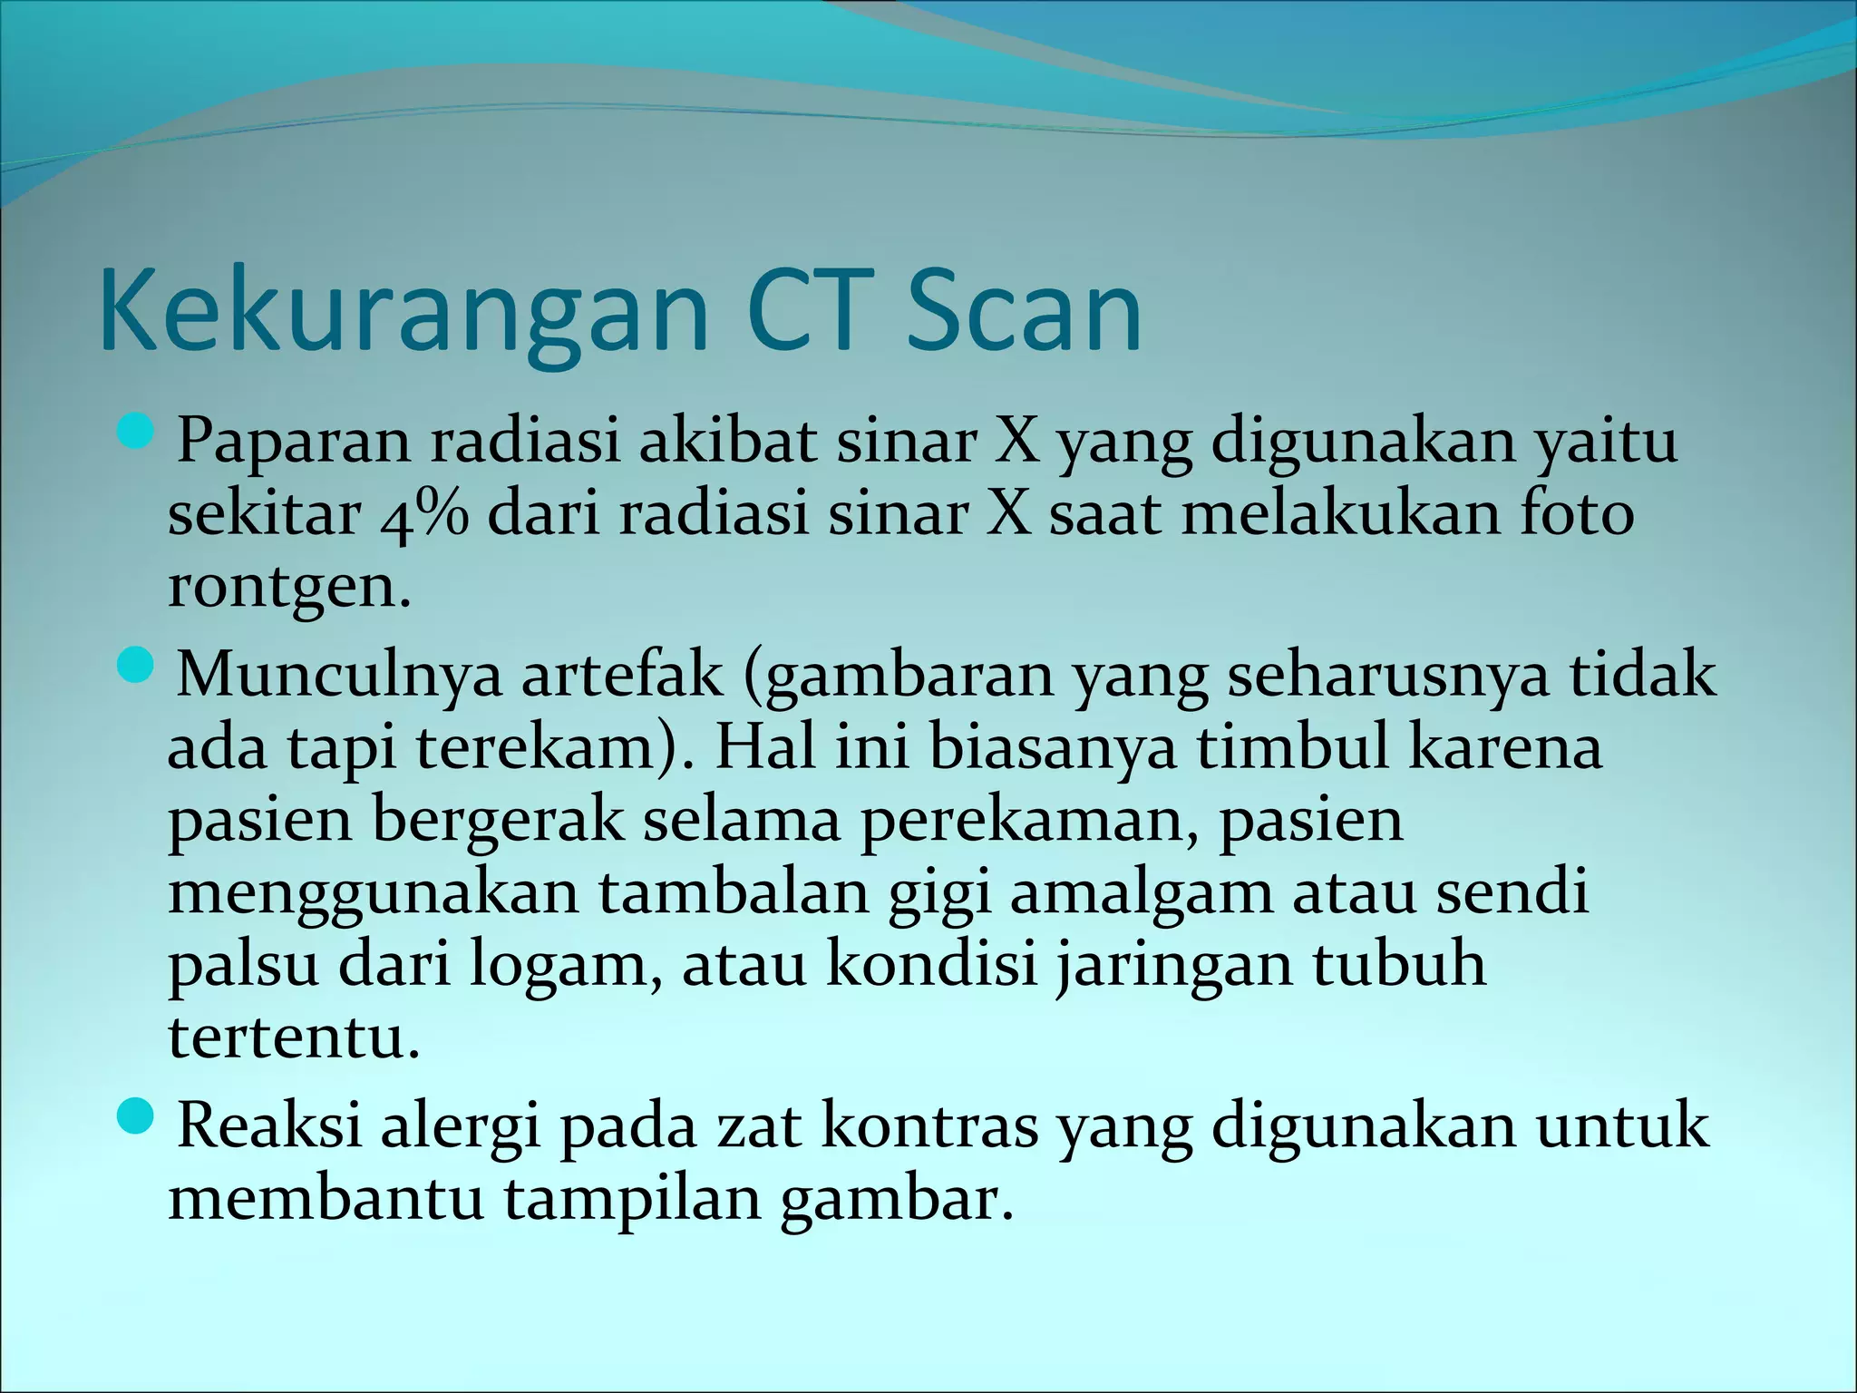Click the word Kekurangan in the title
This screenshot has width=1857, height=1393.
pos(403,311)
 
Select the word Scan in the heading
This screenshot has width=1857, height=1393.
pos(1025,311)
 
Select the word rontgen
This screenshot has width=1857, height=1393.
pos(289,587)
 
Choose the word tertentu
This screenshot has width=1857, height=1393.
pos(294,1037)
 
